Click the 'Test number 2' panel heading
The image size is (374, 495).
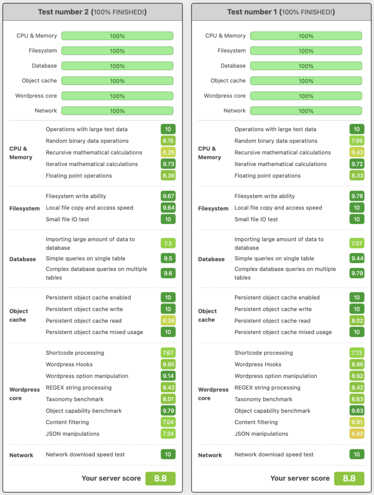pyautogui.click(x=92, y=12)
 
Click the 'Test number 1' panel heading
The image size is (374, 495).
pyautogui.click(x=281, y=12)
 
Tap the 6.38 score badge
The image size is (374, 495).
pyautogui.click(x=168, y=320)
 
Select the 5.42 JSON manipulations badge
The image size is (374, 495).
pyautogui.click(x=357, y=434)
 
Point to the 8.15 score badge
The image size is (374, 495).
pyautogui.click(x=168, y=141)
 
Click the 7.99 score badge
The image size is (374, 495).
pyautogui.click(x=357, y=141)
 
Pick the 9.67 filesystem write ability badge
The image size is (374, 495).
pyautogui.click(x=168, y=196)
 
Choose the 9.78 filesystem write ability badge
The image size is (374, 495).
pyautogui.click(x=357, y=196)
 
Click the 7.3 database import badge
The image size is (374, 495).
pyautogui.click(x=168, y=243)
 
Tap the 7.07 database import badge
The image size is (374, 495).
pyautogui.click(x=357, y=243)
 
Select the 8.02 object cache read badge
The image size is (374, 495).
pyautogui.click(x=357, y=320)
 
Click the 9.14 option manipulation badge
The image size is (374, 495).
pyautogui.click(x=168, y=376)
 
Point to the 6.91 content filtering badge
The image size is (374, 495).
pyautogui.click(x=357, y=422)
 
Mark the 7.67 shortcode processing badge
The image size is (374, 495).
pyautogui.click(x=168, y=353)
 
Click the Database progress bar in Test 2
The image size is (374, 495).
pyautogui.click(x=117, y=66)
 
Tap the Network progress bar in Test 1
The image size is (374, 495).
pyautogui.click(x=306, y=111)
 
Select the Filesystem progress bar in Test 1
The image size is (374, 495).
pyautogui.click(x=306, y=51)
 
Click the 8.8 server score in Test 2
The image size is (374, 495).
pyautogui.click(x=160, y=479)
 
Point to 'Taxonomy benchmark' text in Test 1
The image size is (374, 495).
pyautogui.click(x=263, y=399)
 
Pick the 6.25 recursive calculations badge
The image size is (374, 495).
pyautogui.click(x=168, y=152)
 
